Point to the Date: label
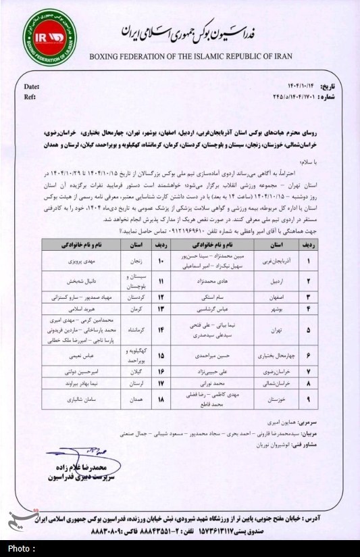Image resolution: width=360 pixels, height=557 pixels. [32, 88]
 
